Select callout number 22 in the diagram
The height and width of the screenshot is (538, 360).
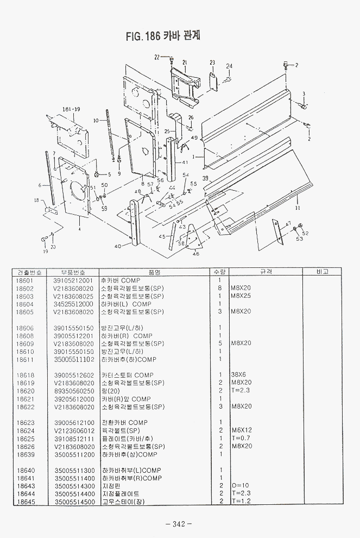tap(157, 56)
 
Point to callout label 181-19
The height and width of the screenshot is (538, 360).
tap(71, 109)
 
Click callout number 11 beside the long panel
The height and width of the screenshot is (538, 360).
tap(298, 208)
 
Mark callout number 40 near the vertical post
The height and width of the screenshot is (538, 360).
tap(118, 246)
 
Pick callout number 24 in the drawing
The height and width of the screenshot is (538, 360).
tap(230, 66)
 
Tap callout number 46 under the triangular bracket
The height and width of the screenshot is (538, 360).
tap(195, 254)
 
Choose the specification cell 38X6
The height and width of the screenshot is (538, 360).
tap(238, 375)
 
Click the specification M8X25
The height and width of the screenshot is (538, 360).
tap(241, 296)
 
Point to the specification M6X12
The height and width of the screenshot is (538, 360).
tap(241, 430)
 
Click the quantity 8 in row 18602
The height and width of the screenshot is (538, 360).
tap(219, 288)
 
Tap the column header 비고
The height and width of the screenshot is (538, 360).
tap(322, 272)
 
